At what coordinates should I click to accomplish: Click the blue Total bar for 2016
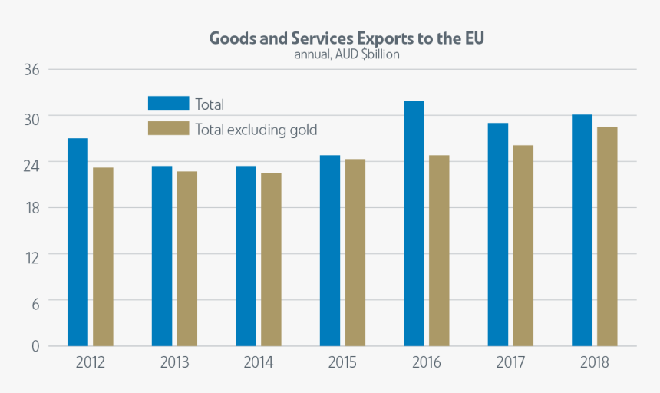pos(414,223)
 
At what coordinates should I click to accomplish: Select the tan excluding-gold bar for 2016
pos(439,250)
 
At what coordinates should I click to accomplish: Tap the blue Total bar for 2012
pos(78,242)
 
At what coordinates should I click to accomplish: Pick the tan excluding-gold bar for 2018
pos(607,236)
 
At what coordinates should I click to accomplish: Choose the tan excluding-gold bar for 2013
pos(186,258)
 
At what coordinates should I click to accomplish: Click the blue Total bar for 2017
pos(497,234)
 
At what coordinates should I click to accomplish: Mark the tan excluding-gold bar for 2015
pos(355,252)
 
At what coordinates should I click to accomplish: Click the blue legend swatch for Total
pos(168,103)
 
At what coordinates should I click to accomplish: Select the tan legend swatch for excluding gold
pos(168,128)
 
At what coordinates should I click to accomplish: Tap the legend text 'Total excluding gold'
pos(256,130)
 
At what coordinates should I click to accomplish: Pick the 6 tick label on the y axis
pos(34,300)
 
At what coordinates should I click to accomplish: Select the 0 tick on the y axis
pos(35,346)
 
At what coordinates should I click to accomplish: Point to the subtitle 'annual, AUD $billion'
pos(347,54)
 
